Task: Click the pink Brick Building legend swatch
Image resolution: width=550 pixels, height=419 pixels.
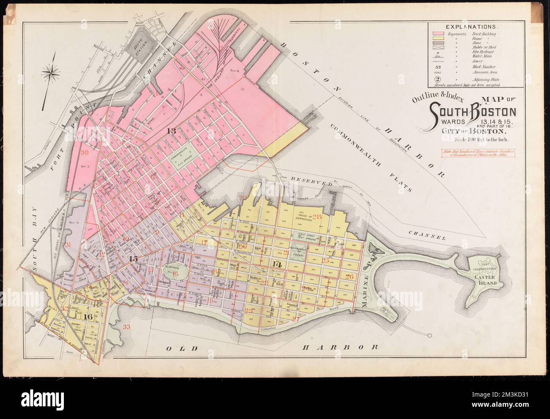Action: click(438, 33)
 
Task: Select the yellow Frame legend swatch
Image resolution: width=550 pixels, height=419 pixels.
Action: click(438, 39)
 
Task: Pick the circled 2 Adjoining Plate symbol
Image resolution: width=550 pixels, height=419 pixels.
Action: click(437, 79)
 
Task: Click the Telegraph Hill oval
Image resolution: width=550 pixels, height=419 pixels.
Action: click(173, 272)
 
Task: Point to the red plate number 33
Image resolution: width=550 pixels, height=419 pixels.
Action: click(126, 326)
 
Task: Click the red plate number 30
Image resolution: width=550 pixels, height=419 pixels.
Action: click(84, 152)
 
